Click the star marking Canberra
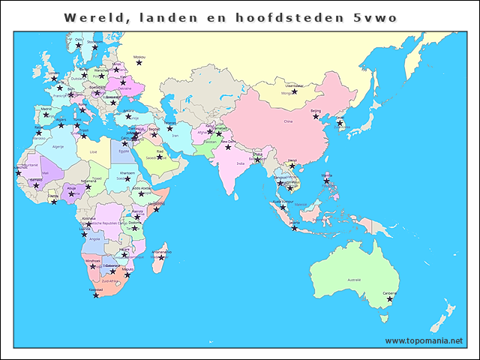(390, 299)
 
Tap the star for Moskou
(139, 62)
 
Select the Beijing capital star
(316, 116)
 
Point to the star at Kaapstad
(96, 295)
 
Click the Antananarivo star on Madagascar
(161, 257)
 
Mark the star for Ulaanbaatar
(295, 91)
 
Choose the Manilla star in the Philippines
(326, 180)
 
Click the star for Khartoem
(127, 178)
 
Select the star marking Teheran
(169, 128)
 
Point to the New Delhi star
(228, 147)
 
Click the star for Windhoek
(93, 265)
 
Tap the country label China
(288, 121)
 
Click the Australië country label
(353, 279)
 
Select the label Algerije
(57, 148)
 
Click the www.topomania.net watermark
(424, 340)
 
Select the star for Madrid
(46, 114)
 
